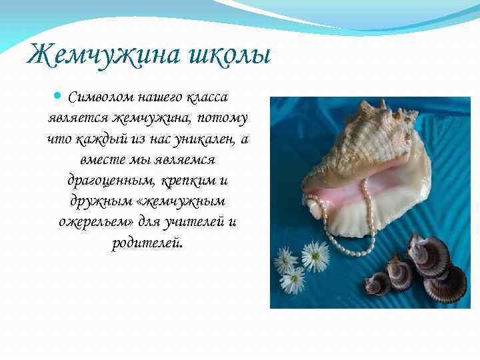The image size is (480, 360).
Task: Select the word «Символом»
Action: [x=101, y=98]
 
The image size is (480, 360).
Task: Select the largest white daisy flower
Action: [x=315, y=256]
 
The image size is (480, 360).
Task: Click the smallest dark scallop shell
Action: [x=378, y=283]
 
